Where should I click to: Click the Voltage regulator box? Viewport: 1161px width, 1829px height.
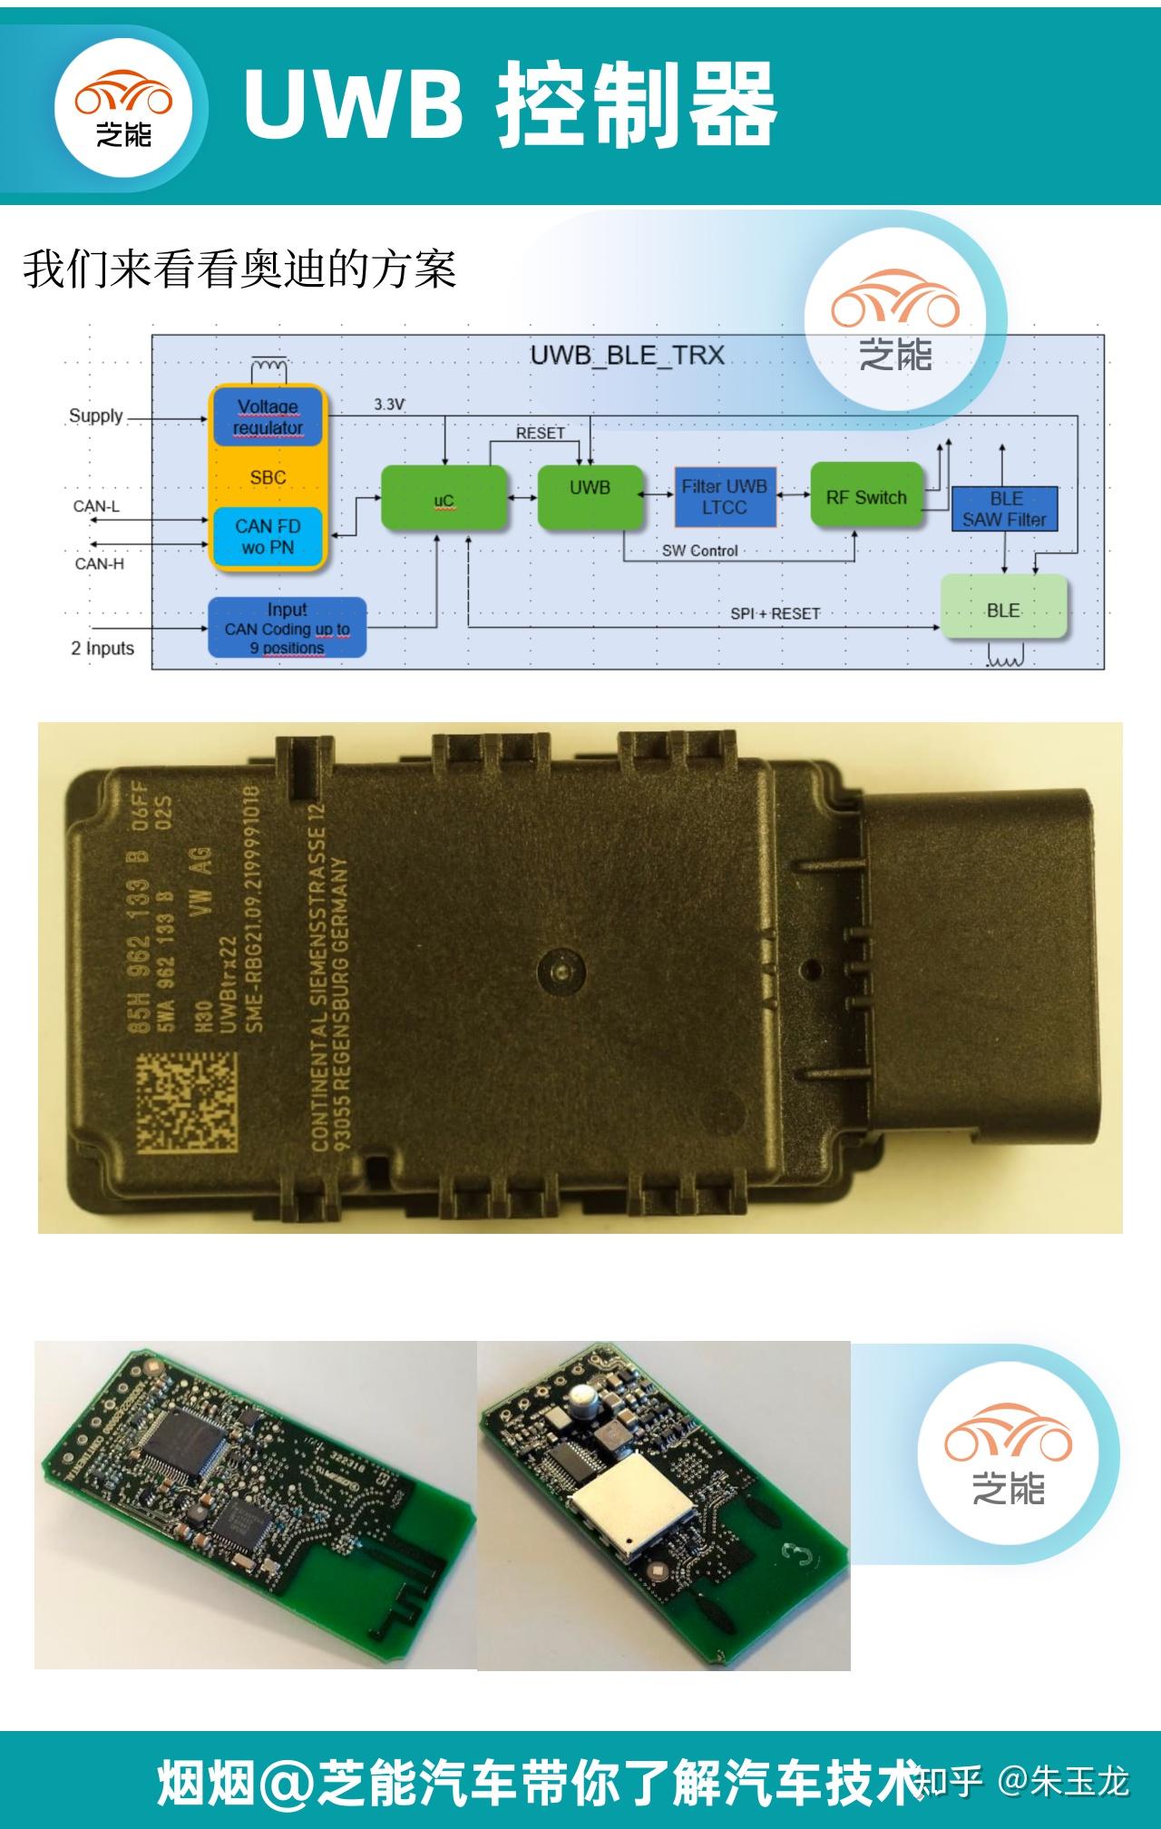point(268,417)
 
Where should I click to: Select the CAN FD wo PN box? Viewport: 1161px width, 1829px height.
point(268,537)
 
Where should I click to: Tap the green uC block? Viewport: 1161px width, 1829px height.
point(444,500)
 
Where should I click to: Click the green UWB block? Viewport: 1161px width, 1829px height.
point(590,496)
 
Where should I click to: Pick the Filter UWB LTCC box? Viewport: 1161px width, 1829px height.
point(725,497)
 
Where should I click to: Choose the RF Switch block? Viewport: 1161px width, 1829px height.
point(866,497)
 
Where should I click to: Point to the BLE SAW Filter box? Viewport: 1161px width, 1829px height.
point(1005,510)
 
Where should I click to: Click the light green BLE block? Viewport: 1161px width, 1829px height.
point(1003,610)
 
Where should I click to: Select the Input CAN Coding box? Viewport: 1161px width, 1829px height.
point(287,628)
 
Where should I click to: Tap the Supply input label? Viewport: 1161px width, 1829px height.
point(96,416)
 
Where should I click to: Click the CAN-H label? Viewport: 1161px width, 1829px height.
point(99,564)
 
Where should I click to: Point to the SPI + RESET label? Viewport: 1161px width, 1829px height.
point(776,614)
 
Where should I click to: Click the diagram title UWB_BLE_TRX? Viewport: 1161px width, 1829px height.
point(628,356)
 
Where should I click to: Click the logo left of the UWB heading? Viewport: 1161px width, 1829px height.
point(124,108)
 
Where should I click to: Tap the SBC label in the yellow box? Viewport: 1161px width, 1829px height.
point(268,477)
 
